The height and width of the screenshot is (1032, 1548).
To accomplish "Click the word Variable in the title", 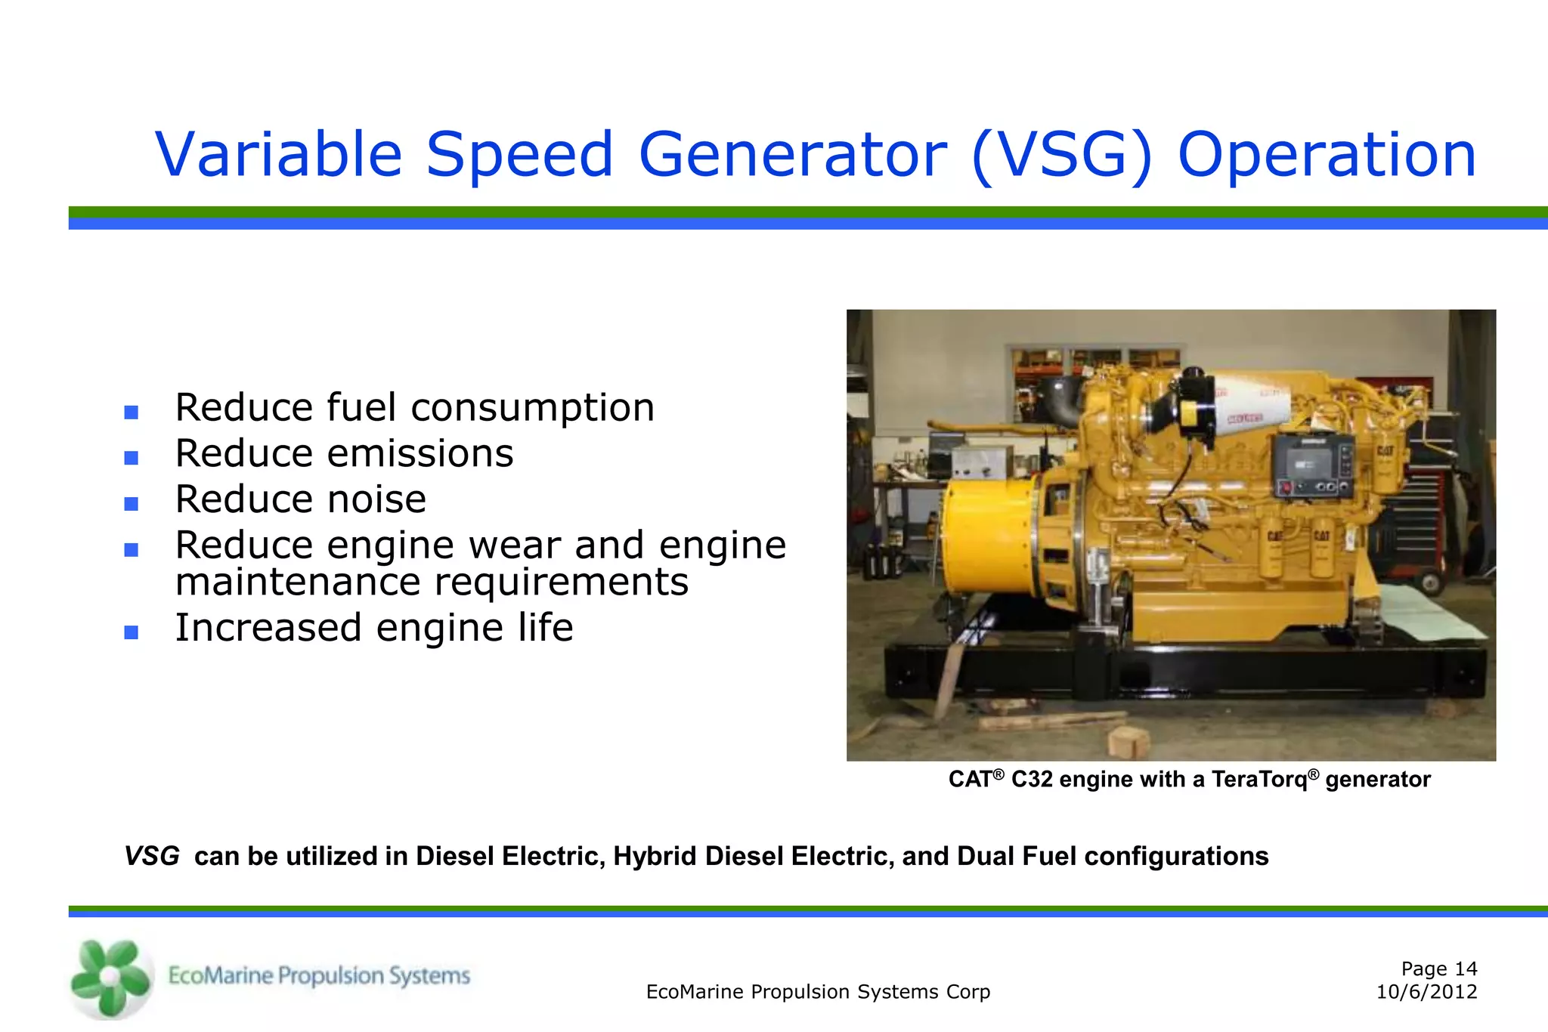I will click(x=278, y=155).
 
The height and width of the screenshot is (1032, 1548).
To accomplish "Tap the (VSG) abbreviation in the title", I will click(x=1062, y=155).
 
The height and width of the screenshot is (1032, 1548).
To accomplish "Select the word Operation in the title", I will click(x=1327, y=155).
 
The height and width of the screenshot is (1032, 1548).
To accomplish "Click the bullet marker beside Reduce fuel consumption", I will click(x=132, y=412).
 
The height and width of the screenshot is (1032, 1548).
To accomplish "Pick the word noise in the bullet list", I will click(x=376, y=499).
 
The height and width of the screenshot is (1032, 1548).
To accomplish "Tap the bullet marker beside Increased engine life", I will click(x=132, y=632).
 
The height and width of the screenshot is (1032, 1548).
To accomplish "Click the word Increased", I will click(x=268, y=628).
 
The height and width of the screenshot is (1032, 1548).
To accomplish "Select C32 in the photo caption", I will click(x=1031, y=780).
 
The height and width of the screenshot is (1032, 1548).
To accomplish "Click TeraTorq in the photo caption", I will click(x=1259, y=780).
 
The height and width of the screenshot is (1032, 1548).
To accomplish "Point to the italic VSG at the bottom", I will click(x=152, y=857).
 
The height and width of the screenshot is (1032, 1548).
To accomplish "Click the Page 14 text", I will click(x=1438, y=969).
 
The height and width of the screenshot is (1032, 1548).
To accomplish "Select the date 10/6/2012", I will click(x=1426, y=993).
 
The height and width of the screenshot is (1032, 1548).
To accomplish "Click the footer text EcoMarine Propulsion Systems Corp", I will click(x=818, y=993).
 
